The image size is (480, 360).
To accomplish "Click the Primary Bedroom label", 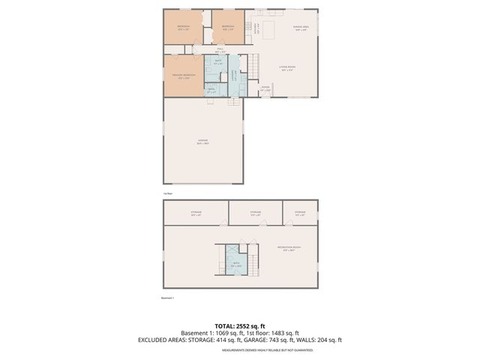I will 183,75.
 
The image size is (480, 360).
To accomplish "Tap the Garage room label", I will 202,141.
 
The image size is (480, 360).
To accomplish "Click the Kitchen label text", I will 257,28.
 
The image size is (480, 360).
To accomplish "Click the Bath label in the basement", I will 236,263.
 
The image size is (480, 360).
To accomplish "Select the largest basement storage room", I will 196,212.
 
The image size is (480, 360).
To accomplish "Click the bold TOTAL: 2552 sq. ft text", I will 239,325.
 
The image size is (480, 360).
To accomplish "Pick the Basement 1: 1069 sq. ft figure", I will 207,333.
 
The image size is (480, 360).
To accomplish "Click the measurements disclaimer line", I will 239,349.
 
